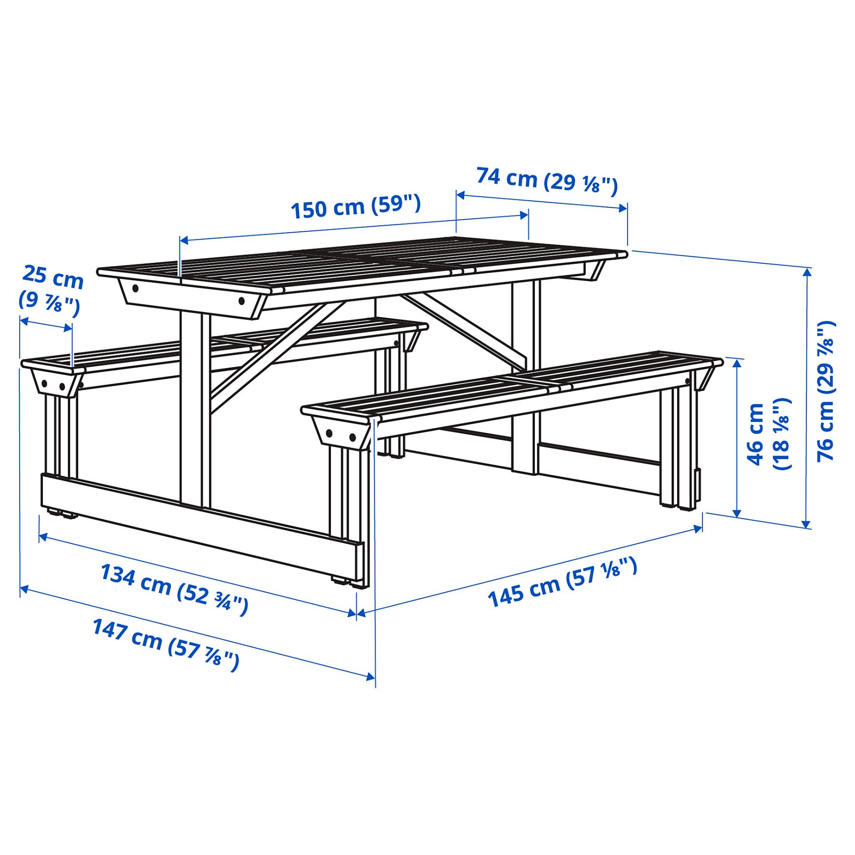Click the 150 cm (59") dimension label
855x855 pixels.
point(356,207)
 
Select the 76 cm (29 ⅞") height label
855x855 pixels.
point(826,391)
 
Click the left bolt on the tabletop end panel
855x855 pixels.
point(136,289)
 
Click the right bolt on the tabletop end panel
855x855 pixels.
point(241,301)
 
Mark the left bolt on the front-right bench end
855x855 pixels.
point(330,433)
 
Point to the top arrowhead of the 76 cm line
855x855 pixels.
point(806,272)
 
